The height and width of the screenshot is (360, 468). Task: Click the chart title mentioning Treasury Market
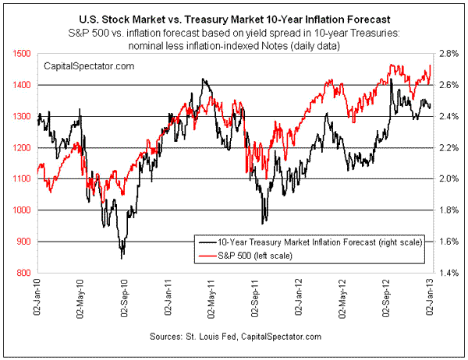[x=234, y=15]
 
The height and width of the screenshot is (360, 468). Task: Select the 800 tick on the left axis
[x=25, y=273]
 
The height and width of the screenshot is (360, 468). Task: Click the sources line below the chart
[x=234, y=336]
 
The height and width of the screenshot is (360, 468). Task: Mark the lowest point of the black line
[x=122, y=258]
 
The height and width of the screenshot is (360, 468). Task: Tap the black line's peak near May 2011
[x=203, y=79]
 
